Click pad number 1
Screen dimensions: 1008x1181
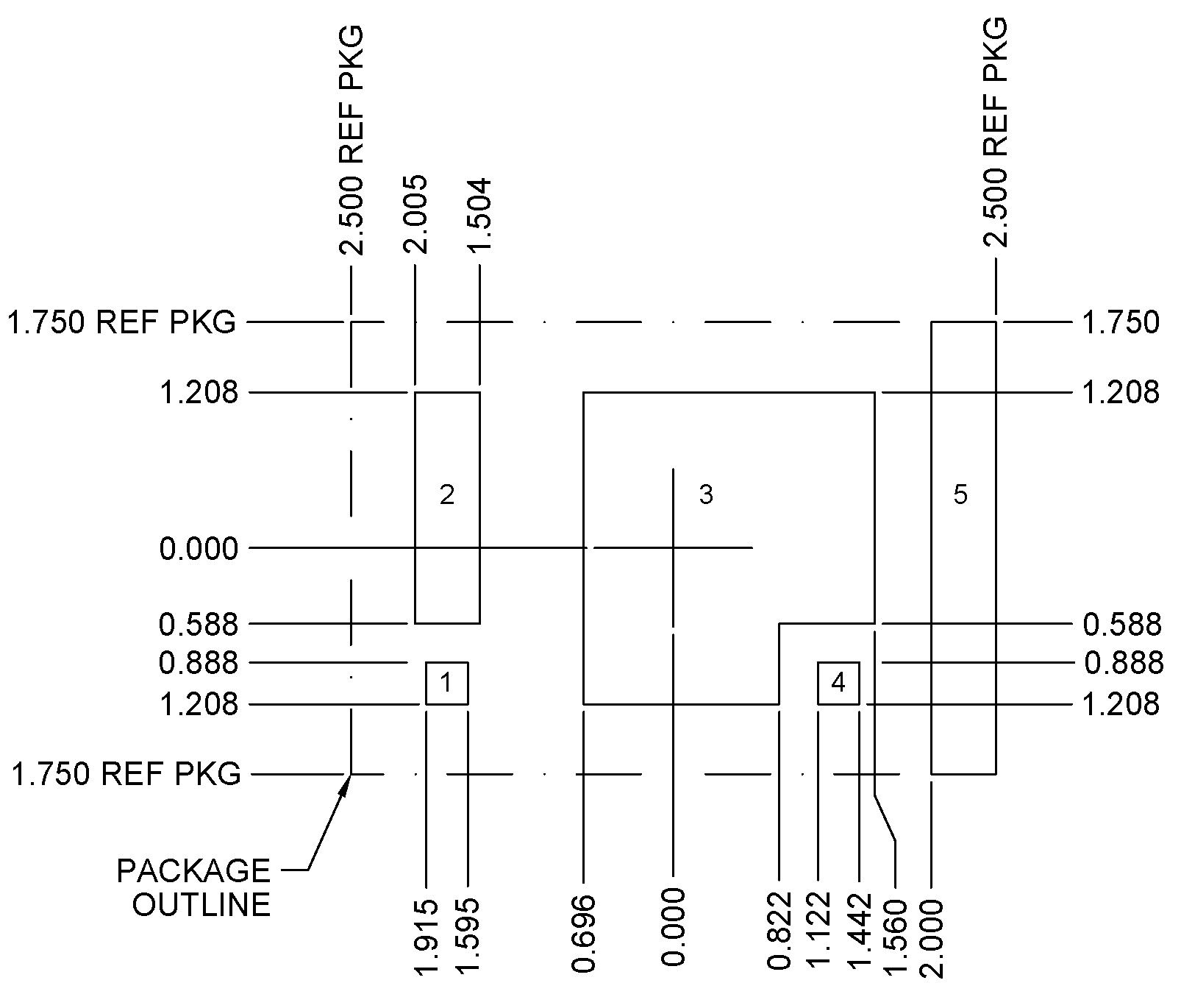tap(446, 684)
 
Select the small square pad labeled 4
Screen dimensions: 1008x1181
tap(838, 684)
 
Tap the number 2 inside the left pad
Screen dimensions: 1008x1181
tap(447, 495)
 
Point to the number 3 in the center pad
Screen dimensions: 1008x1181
tap(706, 495)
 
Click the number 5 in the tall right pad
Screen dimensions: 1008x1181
tap(960, 495)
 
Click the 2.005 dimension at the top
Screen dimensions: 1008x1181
tap(416, 213)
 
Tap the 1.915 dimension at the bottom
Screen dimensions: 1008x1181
tap(427, 937)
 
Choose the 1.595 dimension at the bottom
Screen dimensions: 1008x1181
tap(468, 937)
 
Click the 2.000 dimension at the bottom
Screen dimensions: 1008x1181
tap(932, 937)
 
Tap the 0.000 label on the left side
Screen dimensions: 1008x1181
tap(199, 549)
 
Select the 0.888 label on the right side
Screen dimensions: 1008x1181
tap(1124, 664)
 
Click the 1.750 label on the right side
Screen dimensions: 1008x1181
tap(1121, 322)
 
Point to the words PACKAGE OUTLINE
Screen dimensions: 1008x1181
tap(196, 887)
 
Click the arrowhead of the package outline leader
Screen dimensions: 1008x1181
tap(346, 784)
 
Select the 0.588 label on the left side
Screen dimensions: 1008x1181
tap(199, 625)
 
